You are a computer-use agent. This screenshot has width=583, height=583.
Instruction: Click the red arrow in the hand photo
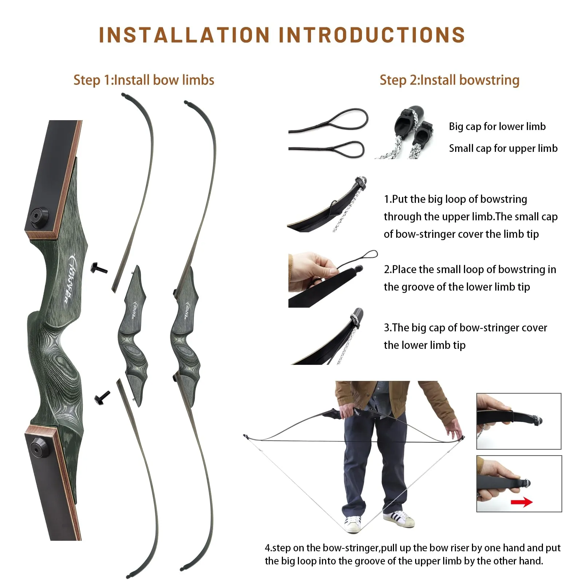click(521, 503)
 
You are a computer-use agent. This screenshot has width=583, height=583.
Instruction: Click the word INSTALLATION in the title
click(184, 35)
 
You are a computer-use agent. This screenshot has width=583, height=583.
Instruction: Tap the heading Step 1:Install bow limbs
click(144, 80)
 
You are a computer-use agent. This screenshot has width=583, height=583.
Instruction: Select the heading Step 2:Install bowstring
click(449, 80)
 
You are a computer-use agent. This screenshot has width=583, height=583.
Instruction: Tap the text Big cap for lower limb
click(497, 126)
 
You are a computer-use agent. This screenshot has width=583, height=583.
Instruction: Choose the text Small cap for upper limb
click(503, 148)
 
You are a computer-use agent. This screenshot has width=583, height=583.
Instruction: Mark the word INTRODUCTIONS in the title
click(371, 35)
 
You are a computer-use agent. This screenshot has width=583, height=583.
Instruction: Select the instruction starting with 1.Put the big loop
click(470, 217)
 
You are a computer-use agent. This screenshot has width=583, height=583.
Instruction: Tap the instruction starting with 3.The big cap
click(465, 336)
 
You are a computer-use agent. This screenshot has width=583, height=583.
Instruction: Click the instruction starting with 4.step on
click(412, 554)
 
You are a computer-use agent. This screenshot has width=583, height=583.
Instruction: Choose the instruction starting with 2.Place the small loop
click(470, 278)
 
